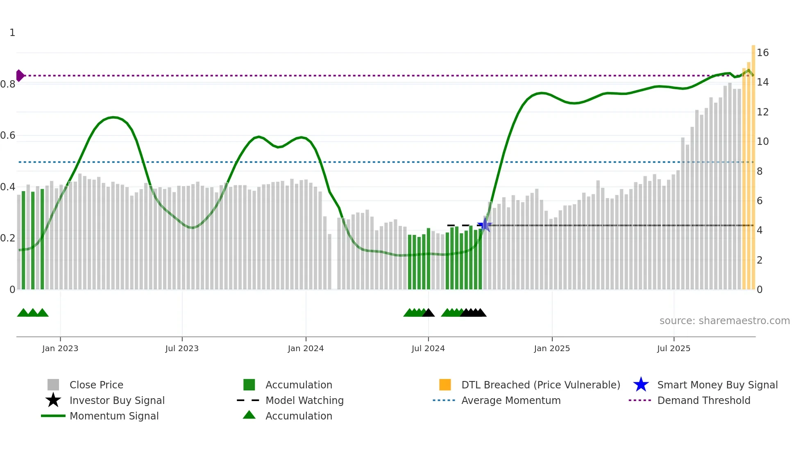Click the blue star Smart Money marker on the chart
(485, 225)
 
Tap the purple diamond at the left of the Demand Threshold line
(20, 76)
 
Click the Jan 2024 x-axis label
(306, 348)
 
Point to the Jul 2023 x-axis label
(182, 348)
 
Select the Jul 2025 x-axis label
(674, 348)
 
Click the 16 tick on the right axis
(762, 53)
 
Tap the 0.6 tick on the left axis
(8, 135)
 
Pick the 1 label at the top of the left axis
(12, 33)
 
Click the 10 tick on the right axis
(762, 142)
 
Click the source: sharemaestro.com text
(724, 321)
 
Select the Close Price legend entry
(96, 385)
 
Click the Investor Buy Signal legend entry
(117, 400)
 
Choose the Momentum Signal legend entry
(114, 416)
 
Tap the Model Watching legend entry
(304, 400)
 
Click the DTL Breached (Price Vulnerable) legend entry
(540, 385)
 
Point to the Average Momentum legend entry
(511, 400)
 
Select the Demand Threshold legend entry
(703, 400)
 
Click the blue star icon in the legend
(641, 385)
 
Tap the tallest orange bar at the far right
(753, 164)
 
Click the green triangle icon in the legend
(249, 415)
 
